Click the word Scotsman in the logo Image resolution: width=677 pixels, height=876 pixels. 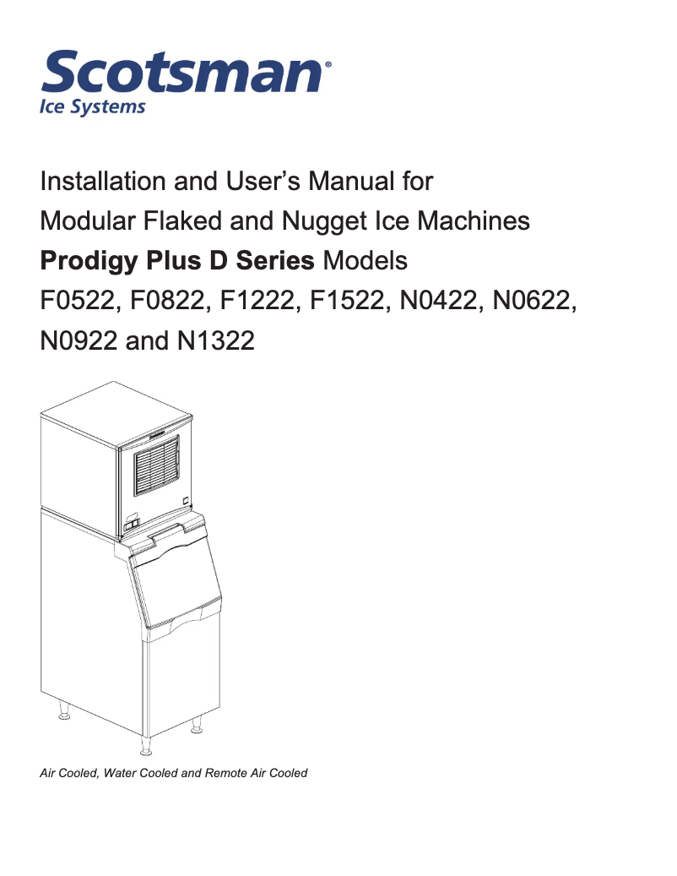[x=181, y=74]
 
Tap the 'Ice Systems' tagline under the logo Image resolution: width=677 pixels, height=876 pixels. [x=93, y=107]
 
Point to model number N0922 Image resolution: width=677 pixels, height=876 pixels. [x=80, y=341]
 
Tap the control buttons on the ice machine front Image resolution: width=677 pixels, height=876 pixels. [x=132, y=525]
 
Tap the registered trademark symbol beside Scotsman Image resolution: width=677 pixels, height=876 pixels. [x=328, y=63]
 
